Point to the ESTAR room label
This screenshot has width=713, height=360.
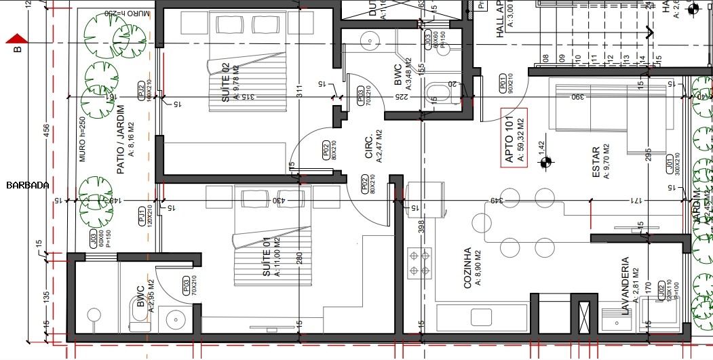click(596, 163)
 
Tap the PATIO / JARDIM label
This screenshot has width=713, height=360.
click(120, 139)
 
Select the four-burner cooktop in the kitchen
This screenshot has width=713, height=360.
click(419, 263)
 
